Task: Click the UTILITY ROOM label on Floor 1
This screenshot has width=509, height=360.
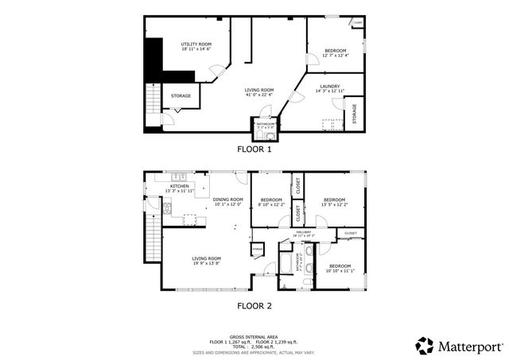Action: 196,44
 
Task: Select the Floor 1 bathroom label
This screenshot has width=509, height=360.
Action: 265,125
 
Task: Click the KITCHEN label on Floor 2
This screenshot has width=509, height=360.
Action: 179,185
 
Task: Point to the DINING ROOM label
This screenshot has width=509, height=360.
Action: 227,199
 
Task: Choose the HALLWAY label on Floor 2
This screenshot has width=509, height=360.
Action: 304,233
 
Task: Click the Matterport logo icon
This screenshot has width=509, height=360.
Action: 425,346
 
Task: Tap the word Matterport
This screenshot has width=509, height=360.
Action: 471,346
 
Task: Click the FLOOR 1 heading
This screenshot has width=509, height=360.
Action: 254,149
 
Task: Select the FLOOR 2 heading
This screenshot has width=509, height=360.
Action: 254,304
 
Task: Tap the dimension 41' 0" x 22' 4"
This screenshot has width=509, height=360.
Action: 259,96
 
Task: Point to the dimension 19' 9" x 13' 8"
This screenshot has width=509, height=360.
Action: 205,263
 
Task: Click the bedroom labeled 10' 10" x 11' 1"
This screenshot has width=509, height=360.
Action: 340,268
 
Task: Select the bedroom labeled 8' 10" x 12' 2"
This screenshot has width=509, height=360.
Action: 271,202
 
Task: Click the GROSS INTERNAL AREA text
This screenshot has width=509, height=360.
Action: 254,337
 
